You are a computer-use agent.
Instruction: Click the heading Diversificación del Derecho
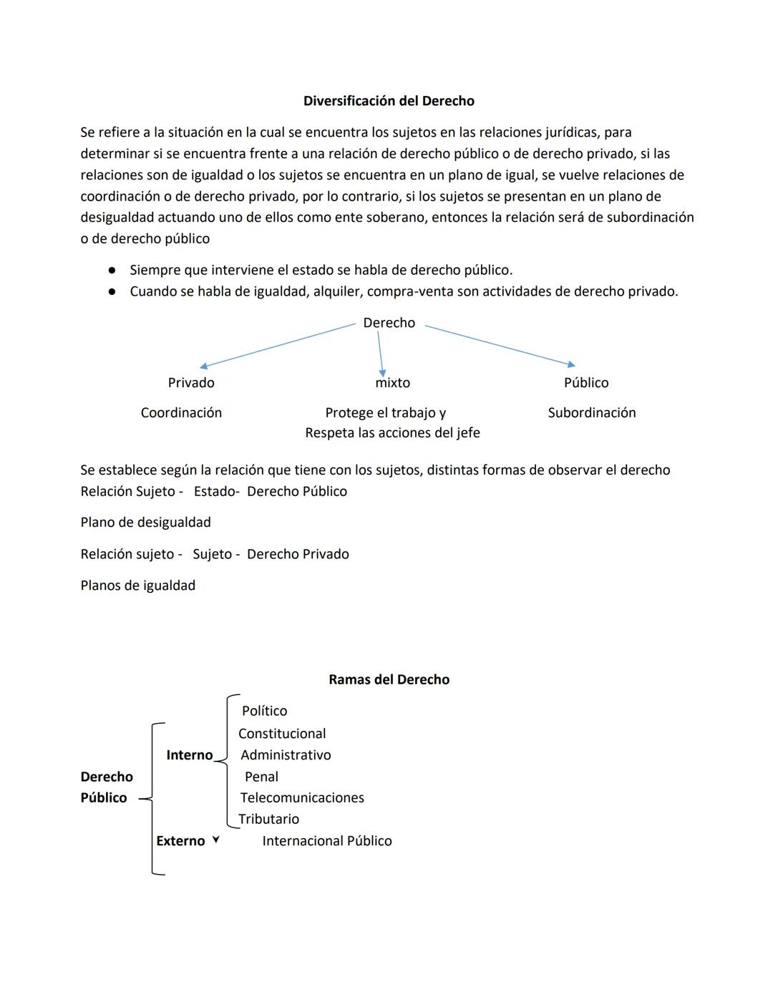[389, 101]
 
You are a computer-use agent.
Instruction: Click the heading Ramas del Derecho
[389, 679]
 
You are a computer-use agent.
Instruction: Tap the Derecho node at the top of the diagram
[389, 323]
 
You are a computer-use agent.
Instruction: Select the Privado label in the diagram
[191, 383]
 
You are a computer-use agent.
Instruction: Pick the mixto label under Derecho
[392, 383]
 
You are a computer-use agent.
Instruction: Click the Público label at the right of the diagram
[586, 383]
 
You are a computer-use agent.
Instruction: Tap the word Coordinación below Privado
[181, 413]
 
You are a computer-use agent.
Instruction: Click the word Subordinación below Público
[591, 413]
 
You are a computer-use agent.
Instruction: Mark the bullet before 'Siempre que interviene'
[112, 271]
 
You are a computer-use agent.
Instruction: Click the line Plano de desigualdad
[145, 523]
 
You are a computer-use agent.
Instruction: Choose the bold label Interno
[189, 755]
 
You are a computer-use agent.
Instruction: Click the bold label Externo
[180, 841]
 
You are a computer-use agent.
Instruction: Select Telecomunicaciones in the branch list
[302, 798]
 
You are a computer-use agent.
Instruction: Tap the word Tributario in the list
[268, 820]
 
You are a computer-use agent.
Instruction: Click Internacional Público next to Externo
[327, 841]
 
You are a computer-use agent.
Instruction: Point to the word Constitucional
[282, 734]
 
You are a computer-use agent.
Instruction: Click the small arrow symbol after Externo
[215, 840]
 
